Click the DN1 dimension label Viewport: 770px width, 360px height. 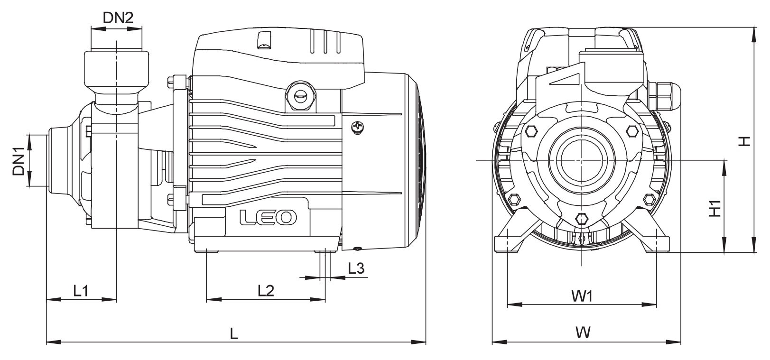click(x=19, y=161)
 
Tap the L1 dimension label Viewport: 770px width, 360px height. click(x=81, y=290)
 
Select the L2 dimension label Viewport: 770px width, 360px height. click(x=266, y=290)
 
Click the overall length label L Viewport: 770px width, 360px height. click(x=233, y=333)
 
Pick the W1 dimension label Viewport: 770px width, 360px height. click(x=582, y=296)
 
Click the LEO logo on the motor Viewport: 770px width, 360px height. click(x=268, y=217)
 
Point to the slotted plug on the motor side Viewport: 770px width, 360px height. click(x=299, y=95)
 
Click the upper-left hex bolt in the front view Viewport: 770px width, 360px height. click(x=530, y=131)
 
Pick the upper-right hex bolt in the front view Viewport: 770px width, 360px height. click(x=632, y=131)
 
